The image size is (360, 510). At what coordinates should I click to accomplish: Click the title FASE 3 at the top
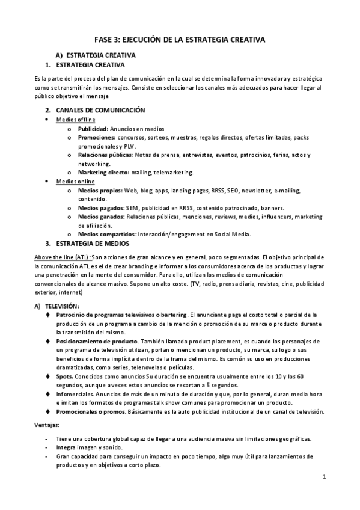pos(180,40)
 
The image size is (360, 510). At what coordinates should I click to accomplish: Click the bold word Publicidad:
pos(93,129)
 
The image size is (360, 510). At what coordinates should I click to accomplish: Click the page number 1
pos(323,478)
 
